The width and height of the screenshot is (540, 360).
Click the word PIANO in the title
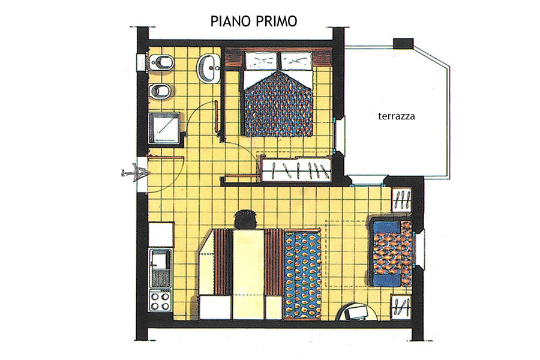coord(231,22)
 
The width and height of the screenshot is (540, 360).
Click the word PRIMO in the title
coord(276,22)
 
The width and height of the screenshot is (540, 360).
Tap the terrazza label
coord(397,116)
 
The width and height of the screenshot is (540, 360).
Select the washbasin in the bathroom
coord(208,68)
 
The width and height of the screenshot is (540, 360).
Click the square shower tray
coord(164,128)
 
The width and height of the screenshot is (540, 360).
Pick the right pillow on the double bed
coord(297,61)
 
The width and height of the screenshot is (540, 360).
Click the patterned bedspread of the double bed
coord(278,103)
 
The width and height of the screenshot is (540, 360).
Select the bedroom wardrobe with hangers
coord(296,169)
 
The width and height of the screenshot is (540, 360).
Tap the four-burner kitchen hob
coord(160,301)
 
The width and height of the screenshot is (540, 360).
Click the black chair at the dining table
coord(245,219)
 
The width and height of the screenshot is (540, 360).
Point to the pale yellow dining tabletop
coord(248,274)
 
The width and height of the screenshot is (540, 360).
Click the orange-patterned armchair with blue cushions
coord(392,253)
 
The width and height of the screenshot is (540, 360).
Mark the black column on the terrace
coord(403,43)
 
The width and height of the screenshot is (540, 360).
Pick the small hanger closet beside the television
coord(401,307)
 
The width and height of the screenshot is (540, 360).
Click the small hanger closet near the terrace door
coord(401,200)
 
